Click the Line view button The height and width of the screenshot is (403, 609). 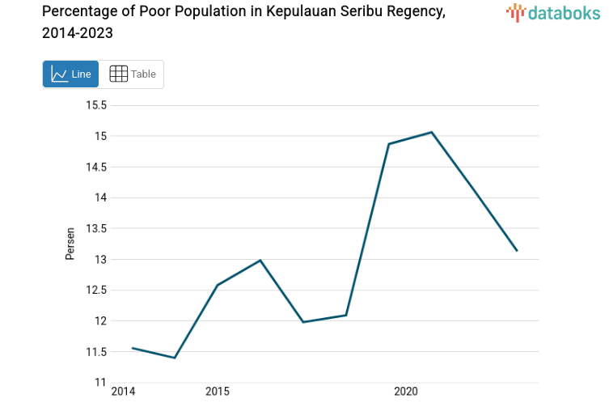coord(70,74)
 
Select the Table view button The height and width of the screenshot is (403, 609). coord(132,74)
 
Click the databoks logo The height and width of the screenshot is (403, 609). coord(553,12)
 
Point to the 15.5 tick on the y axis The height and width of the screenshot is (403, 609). coord(96,105)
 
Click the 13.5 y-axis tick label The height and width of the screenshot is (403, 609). coord(96,228)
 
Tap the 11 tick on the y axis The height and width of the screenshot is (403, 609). coord(101,382)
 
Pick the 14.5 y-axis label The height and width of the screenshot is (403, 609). coord(96,167)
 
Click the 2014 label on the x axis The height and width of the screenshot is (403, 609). coord(123,392)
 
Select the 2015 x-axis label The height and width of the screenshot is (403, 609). coord(217,392)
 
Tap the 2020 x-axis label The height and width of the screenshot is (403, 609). coord(405,392)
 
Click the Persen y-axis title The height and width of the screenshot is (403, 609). coord(70,244)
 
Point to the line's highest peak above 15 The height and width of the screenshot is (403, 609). coord(432,132)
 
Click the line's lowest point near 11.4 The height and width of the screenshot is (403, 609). coord(175,358)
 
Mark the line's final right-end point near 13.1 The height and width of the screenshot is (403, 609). coord(517,251)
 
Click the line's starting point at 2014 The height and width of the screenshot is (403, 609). coord(132,348)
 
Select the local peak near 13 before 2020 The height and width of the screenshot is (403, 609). coord(260,260)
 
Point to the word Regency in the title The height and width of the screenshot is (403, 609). coord(412,12)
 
